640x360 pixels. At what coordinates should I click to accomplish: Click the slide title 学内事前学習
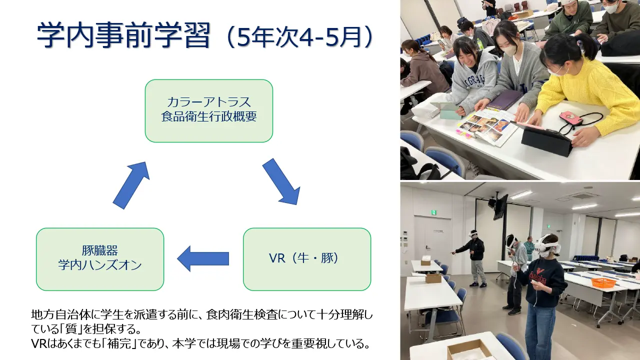click(124, 35)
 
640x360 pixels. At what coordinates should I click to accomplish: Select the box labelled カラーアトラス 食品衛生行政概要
click(209, 111)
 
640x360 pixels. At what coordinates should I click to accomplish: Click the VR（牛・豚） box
click(307, 259)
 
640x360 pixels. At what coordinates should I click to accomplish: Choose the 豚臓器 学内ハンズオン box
click(100, 259)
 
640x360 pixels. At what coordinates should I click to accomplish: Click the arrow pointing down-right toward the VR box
click(281, 181)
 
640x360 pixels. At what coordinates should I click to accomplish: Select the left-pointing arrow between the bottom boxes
click(203, 258)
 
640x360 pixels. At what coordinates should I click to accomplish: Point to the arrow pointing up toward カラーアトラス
click(131, 185)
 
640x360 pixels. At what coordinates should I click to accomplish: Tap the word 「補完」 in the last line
click(119, 343)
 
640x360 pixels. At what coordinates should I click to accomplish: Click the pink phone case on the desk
click(571, 118)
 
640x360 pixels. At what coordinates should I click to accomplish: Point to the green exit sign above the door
click(433, 212)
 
